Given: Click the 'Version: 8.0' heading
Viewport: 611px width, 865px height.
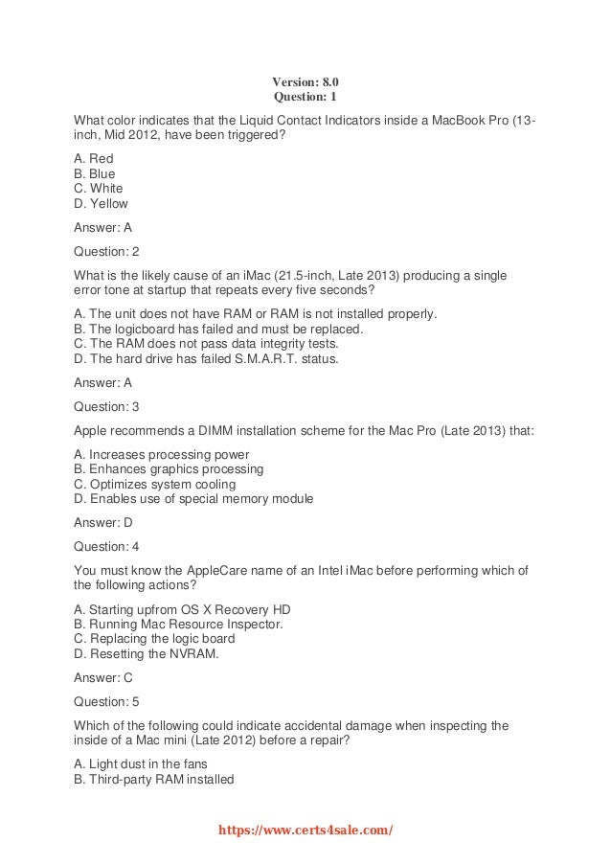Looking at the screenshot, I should (305, 81).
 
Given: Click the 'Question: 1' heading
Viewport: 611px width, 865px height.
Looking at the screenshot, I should (305, 97).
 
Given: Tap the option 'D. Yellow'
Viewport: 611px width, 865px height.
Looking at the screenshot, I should (101, 203).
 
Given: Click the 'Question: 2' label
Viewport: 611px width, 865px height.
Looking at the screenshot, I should (106, 252).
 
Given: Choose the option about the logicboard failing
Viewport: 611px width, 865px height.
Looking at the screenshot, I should (218, 328).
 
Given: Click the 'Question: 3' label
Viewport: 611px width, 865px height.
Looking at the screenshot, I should (106, 406).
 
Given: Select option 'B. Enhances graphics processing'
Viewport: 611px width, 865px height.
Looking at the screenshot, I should (169, 469).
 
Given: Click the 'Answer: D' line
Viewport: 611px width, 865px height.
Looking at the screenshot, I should (103, 523).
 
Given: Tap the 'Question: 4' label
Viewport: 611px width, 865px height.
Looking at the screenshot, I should (106, 547).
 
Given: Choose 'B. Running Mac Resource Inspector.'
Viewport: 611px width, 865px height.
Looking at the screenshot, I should (178, 624).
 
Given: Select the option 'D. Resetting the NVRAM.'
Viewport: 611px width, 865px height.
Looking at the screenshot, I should (147, 653).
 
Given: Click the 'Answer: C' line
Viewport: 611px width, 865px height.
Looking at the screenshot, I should (103, 677).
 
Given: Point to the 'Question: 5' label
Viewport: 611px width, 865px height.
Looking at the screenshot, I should (106, 701).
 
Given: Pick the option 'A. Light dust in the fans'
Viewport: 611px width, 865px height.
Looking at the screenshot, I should (141, 763).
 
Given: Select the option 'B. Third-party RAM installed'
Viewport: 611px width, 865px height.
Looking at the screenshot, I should (154, 779).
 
